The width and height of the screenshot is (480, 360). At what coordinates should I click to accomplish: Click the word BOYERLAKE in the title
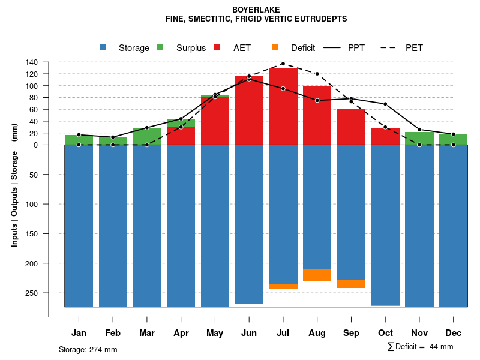(256, 10)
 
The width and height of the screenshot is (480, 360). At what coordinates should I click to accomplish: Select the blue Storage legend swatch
(103, 47)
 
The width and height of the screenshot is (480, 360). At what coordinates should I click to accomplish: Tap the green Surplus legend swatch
(160, 47)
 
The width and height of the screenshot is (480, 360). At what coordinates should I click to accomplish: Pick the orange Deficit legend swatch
(275, 47)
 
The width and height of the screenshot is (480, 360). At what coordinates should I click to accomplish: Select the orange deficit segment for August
(317, 275)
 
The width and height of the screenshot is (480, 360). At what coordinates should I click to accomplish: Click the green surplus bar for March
(147, 136)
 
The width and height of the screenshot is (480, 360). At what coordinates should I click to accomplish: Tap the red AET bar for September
(352, 127)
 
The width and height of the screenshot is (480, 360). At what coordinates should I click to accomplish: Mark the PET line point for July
(283, 64)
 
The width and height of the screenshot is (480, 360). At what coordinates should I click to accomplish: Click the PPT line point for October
(385, 104)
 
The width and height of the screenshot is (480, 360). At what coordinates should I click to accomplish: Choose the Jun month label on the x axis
(249, 333)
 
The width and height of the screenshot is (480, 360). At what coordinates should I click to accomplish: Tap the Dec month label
(454, 333)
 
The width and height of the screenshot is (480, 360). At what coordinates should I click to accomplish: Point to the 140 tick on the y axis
(32, 62)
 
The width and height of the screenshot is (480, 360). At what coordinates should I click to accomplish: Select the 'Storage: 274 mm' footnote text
(88, 349)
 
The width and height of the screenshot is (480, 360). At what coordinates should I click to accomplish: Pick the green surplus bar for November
(419, 138)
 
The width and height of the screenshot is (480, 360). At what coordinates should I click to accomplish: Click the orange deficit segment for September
(352, 284)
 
